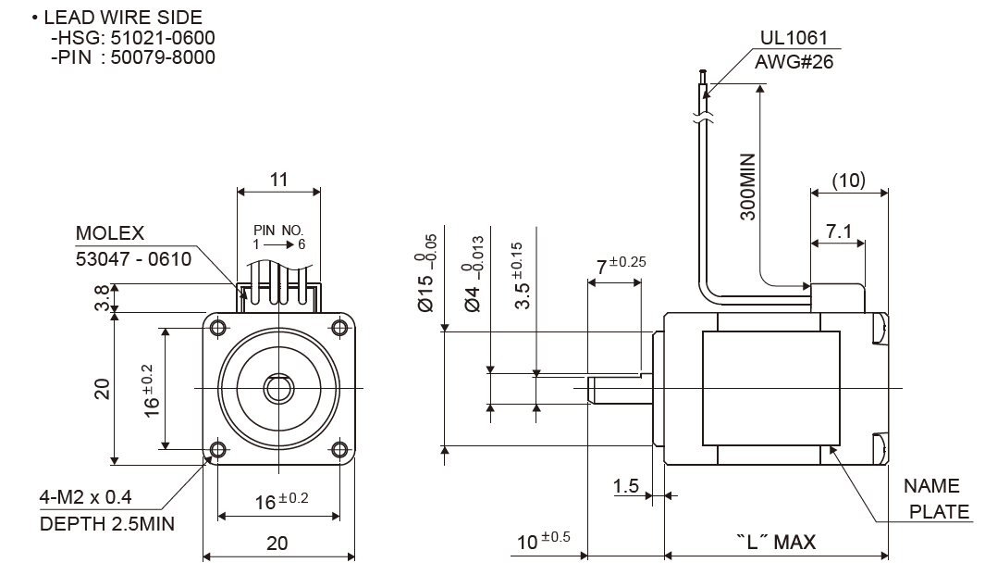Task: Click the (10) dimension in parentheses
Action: pyautogui.click(x=848, y=180)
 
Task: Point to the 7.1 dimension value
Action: pyautogui.click(x=838, y=231)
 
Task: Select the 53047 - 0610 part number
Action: pyautogui.click(x=133, y=258)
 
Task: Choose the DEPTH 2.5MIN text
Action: pyautogui.click(x=107, y=524)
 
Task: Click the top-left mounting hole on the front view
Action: pyautogui.click(x=218, y=328)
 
